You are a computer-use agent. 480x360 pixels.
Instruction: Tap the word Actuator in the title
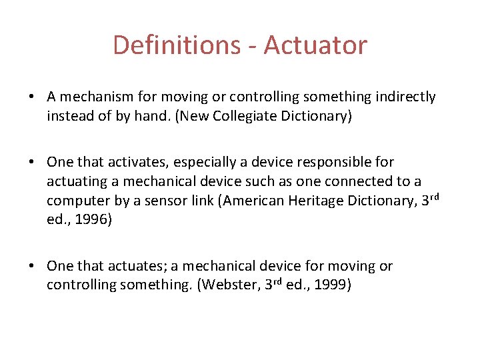(x=315, y=45)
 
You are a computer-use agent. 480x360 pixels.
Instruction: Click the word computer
(x=78, y=201)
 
